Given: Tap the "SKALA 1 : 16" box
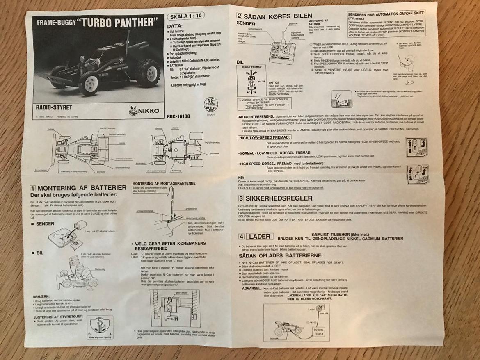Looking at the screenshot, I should (x=183, y=17).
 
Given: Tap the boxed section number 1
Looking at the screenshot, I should (x=33, y=188).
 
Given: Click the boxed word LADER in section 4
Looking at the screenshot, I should (x=259, y=236).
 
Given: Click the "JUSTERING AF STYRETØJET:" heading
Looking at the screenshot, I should (x=59, y=317).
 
